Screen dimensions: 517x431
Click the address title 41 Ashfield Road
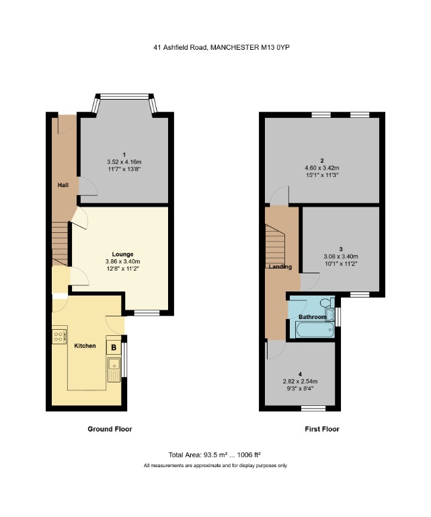221,47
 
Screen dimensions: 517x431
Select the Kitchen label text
85,346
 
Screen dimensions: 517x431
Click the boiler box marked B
114,347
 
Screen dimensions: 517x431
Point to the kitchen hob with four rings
59,335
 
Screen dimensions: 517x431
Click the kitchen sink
113,369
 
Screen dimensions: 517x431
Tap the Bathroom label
312,317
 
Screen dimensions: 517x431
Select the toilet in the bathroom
327,304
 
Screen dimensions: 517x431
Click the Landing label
280,267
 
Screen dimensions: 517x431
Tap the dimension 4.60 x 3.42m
322,168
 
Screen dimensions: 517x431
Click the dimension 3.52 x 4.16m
124,162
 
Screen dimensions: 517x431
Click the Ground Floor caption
110,429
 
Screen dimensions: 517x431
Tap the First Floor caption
322,429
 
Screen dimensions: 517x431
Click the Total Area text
215,454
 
